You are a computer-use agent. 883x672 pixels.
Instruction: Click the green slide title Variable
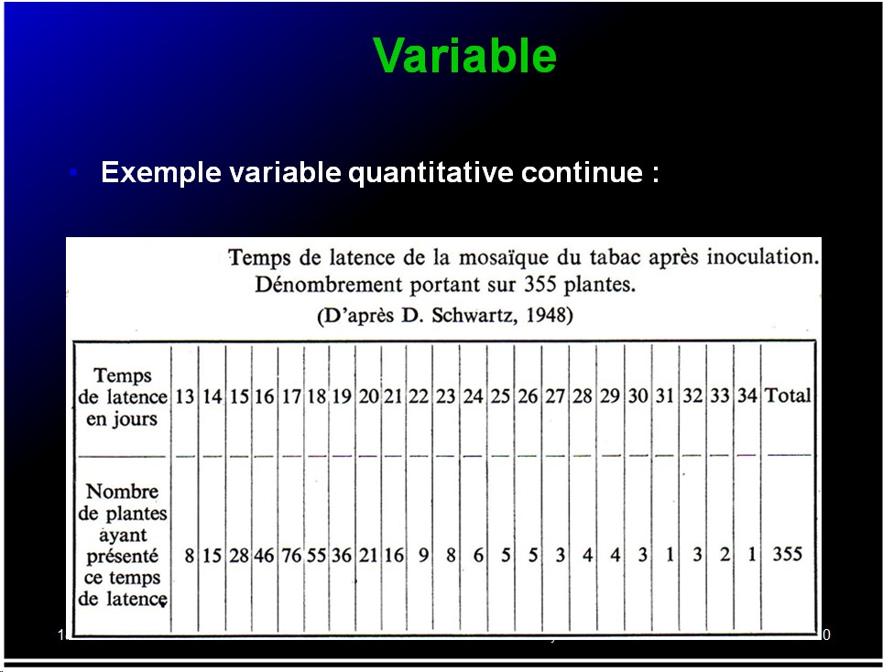[x=464, y=55]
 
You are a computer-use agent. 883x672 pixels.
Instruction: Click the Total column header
[x=788, y=396]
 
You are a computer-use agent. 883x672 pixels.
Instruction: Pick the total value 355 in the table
[x=787, y=554]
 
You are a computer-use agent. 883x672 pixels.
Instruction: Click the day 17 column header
[x=291, y=396]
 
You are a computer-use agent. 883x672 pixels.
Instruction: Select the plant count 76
[x=291, y=556]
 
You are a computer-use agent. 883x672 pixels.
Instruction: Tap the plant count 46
[x=264, y=556]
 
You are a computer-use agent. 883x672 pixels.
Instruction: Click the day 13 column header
[x=185, y=396]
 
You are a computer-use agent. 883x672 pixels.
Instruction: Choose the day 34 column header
[x=747, y=396]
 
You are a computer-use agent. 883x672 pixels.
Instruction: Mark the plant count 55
[x=317, y=556]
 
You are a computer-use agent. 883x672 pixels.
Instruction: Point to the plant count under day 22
[x=424, y=556]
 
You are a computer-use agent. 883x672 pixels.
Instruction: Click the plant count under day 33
[x=725, y=555]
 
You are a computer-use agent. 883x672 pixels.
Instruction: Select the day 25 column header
[x=500, y=396]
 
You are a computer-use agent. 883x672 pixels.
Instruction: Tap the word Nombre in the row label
[x=122, y=492]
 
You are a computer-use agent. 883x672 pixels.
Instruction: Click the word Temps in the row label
[x=122, y=375]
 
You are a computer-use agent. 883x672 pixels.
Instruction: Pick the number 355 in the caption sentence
[x=540, y=284]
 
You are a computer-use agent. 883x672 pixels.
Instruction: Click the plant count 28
[x=239, y=556]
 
